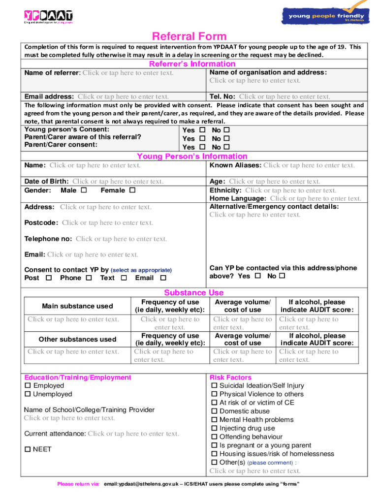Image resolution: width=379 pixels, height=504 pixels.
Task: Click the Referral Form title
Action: [x=189, y=36]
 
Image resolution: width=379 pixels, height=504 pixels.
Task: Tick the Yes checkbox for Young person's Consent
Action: [x=202, y=130]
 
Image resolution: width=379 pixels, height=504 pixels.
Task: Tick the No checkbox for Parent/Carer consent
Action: [x=227, y=147]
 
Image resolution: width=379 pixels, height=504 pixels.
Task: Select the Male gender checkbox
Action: [x=84, y=190]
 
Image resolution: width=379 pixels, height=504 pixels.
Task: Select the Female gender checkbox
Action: [x=132, y=190]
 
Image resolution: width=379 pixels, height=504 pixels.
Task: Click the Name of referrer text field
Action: [x=128, y=73]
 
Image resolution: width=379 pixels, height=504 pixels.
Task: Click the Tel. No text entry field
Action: [x=284, y=96]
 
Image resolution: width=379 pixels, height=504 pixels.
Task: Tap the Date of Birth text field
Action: [x=118, y=182]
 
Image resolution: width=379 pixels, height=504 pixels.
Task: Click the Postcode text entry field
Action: [x=107, y=223]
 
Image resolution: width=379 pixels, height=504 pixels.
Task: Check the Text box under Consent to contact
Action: [x=124, y=278]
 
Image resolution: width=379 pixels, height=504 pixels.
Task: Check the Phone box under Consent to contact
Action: [x=89, y=278]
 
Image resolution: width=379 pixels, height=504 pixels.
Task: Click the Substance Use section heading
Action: [x=193, y=292]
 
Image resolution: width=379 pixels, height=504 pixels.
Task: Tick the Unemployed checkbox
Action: [x=28, y=394]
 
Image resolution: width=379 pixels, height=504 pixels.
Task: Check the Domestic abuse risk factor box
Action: [x=214, y=411]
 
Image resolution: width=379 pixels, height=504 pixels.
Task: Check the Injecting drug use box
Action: [x=214, y=428]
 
